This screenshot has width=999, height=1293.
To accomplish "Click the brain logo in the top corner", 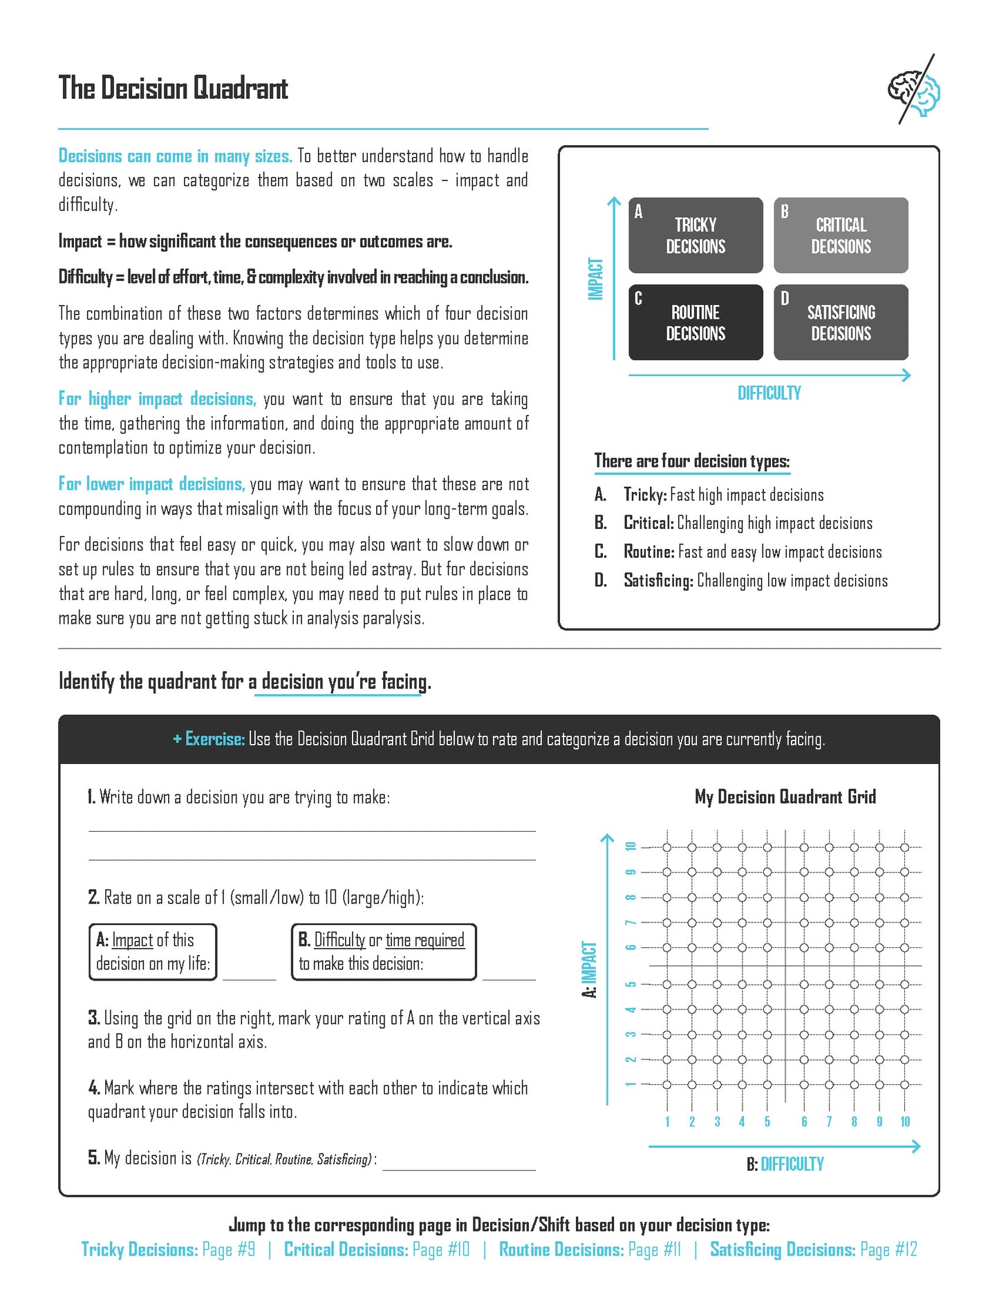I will pos(915,91).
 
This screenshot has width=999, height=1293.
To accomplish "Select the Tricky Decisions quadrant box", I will pos(695,236).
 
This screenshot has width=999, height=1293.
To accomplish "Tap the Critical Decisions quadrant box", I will pos(841,236).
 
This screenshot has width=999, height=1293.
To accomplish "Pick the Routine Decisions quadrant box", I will pos(695,322).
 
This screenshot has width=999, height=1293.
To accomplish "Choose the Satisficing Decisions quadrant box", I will pos(841,322).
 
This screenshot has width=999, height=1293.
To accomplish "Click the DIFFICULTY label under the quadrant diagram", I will pos(769,393).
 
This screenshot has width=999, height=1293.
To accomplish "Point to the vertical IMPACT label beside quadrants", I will pos(595,279).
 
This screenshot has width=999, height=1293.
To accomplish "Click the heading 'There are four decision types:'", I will pos(691,461).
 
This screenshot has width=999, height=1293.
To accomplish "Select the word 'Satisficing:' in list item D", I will pos(658,581).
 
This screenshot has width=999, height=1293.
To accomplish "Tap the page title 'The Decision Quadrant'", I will pos(173,89).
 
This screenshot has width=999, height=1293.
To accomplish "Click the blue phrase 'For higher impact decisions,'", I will pos(157,399).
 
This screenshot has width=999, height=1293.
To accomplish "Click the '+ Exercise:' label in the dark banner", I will pos(209,739).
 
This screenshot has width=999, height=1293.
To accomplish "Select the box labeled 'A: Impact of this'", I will pos(153,952).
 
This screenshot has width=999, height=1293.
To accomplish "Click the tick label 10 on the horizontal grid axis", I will pos(905,1122).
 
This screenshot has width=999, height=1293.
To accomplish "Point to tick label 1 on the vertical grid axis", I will pos(631,1084).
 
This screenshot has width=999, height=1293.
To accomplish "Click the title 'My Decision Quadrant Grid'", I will pos(785,797).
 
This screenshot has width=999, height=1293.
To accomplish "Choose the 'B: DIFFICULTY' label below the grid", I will pos(785,1164).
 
